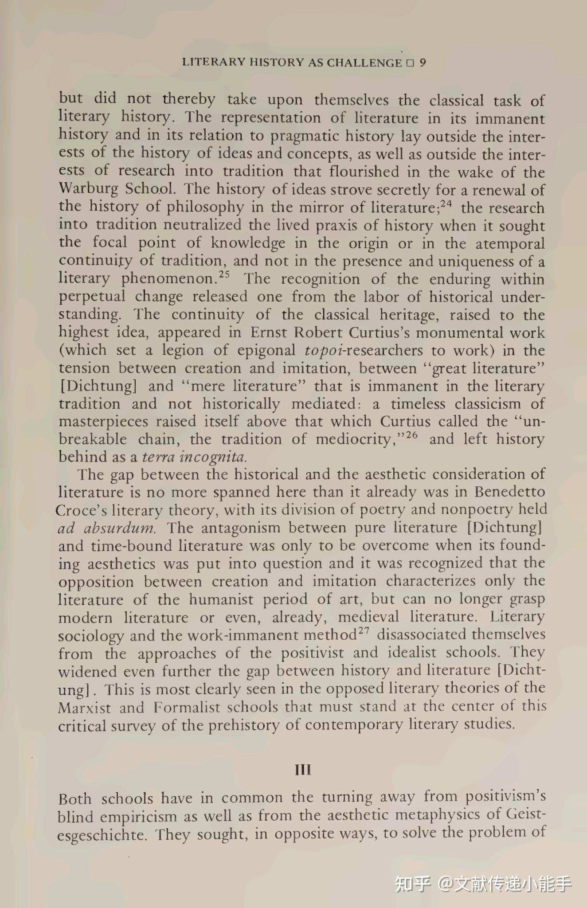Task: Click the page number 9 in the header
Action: (423, 63)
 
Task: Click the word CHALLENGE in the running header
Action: (364, 63)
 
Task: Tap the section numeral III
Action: (303, 770)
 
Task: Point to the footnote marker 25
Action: (225, 275)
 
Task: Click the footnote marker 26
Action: (412, 435)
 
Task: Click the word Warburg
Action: (89, 189)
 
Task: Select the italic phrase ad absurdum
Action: (107, 528)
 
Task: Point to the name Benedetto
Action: (510, 493)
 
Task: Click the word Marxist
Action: (84, 708)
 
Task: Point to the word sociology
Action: (91, 636)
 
